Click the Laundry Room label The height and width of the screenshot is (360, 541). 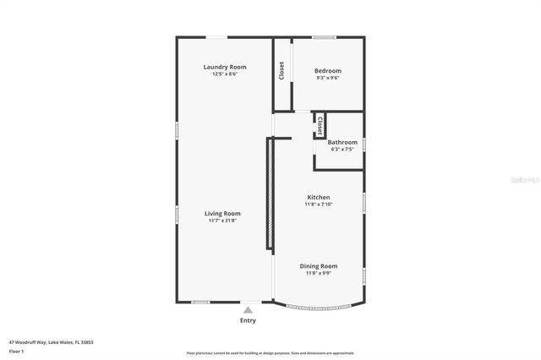pos(224,67)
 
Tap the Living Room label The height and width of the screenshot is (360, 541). pos(223,214)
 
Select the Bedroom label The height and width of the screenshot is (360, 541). pos(328,70)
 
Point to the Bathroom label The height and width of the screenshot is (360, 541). pos(342,142)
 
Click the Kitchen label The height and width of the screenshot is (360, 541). pos(319,197)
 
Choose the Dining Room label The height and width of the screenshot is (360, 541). pos(319,266)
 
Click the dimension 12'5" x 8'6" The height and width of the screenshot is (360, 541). pos(224,74)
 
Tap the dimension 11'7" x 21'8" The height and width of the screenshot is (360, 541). pos(223,221)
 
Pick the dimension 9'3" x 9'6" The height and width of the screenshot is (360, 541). pos(328,77)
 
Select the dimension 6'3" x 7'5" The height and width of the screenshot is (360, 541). pos(342,149)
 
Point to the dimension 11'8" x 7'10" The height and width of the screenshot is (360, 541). pos(319,204)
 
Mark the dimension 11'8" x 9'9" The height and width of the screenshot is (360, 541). pos(319,273)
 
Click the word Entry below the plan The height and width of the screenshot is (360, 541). pos(248,320)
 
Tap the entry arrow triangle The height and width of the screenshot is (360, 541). pos(248,310)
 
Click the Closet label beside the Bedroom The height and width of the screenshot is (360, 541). pos(281,71)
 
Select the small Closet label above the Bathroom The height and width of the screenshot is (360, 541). pos(320,125)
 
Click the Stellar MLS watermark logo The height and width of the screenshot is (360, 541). pos(527,179)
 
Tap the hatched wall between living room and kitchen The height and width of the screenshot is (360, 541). pos(270,194)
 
